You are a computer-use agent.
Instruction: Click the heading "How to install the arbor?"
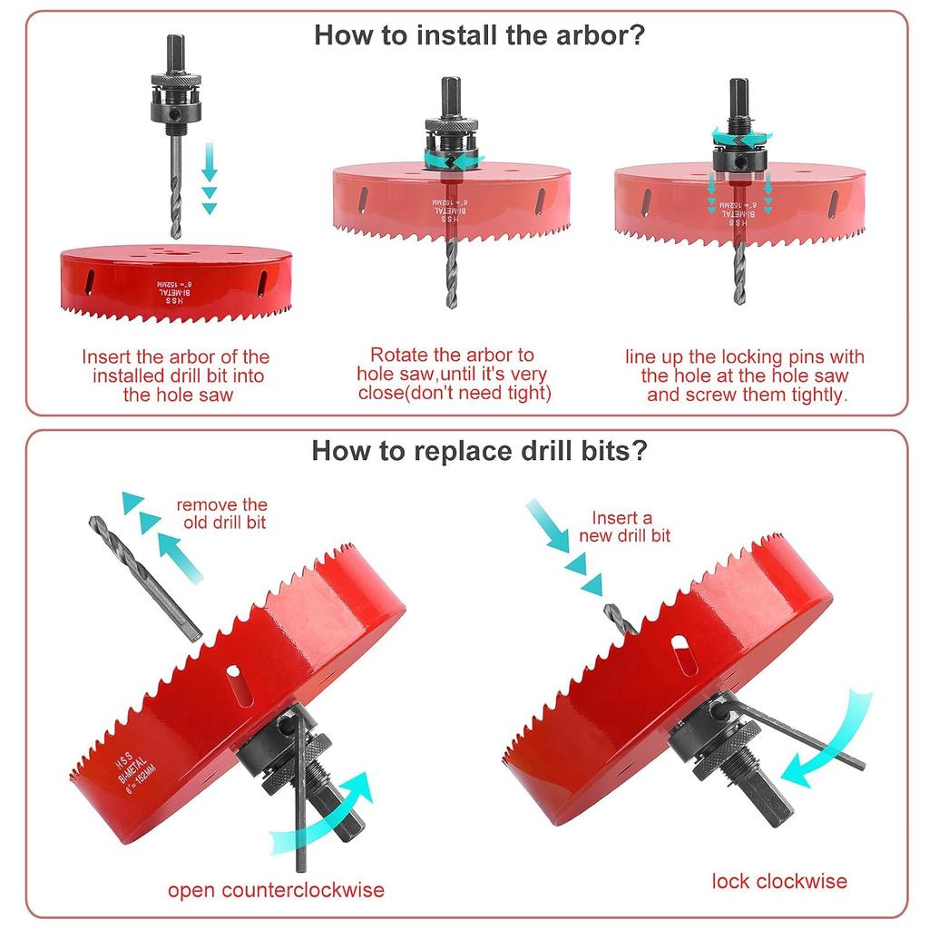click(x=479, y=36)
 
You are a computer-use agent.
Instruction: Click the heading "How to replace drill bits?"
click(x=479, y=451)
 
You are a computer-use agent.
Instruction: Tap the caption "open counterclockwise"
click(x=276, y=889)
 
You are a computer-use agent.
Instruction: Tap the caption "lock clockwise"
click(x=779, y=880)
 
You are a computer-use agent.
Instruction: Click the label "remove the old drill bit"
click(x=222, y=513)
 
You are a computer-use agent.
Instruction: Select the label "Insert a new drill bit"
click(x=621, y=527)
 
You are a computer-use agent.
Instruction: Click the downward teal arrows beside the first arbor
click(x=210, y=177)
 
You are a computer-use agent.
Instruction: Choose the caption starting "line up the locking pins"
click(x=745, y=376)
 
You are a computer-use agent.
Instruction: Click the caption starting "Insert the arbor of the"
click(x=177, y=376)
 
